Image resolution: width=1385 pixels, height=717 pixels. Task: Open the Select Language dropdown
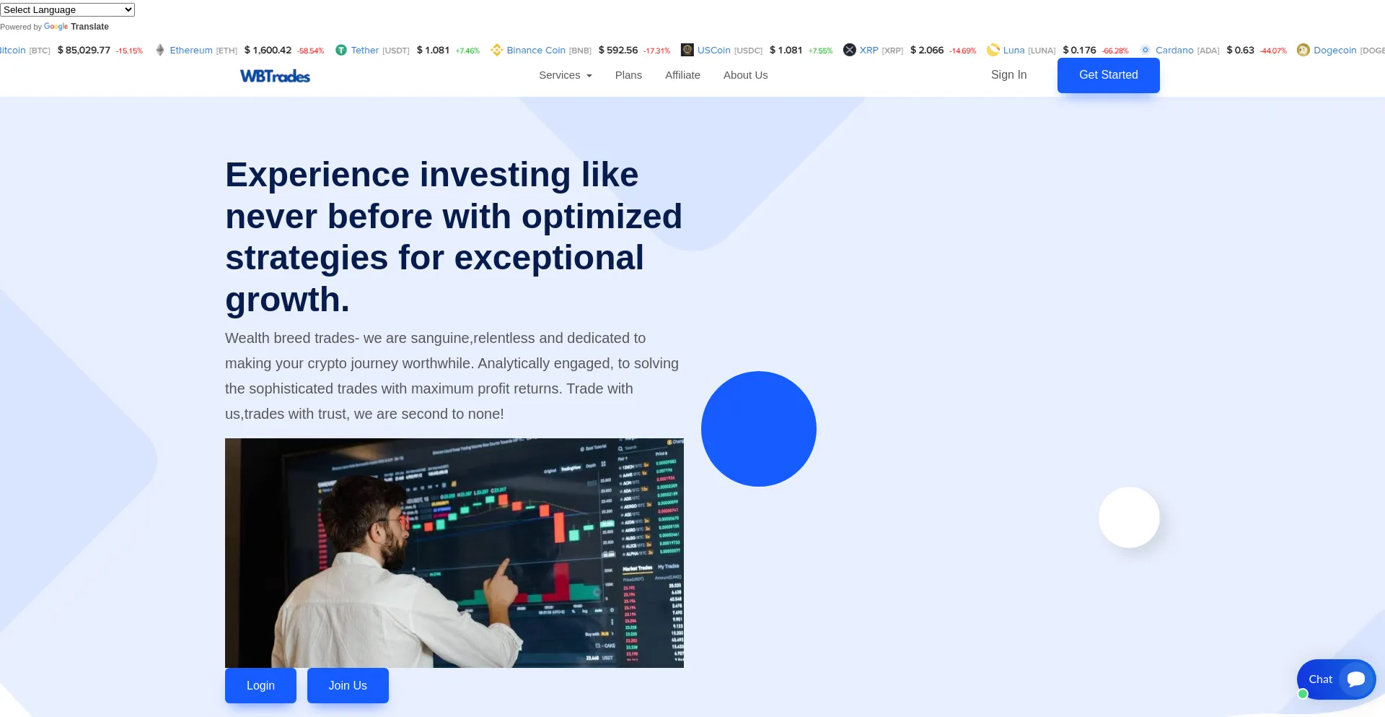[x=67, y=10]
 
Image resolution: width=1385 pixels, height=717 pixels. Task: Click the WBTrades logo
[x=275, y=76]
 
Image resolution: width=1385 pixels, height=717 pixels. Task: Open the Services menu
[x=565, y=75]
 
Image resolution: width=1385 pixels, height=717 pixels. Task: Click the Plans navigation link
[x=628, y=75]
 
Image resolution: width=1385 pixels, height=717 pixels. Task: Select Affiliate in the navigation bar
[x=682, y=75]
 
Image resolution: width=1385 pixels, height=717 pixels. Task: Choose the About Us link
[x=745, y=75]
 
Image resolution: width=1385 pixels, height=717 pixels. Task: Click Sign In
[x=1008, y=75]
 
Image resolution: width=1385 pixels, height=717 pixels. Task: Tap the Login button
[x=260, y=685]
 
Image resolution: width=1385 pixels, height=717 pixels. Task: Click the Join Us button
[x=348, y=685]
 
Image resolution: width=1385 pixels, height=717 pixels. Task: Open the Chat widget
[x=1336, y=679]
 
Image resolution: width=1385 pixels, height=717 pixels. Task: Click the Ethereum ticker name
[x=191, y=51]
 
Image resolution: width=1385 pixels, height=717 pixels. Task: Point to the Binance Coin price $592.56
[x=618, y=51]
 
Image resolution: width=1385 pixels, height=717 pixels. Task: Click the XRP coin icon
[x=850, y=50]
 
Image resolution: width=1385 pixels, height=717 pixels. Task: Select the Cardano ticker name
[x=1174, y=51]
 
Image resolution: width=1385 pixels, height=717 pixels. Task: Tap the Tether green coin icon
[x=341, y=50]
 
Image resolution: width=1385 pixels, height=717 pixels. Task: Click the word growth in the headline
[x=287, y=300]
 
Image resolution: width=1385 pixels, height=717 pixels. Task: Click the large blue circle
[x=758, y=429]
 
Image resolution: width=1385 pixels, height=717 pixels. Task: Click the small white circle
[x=1129, y=517]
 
